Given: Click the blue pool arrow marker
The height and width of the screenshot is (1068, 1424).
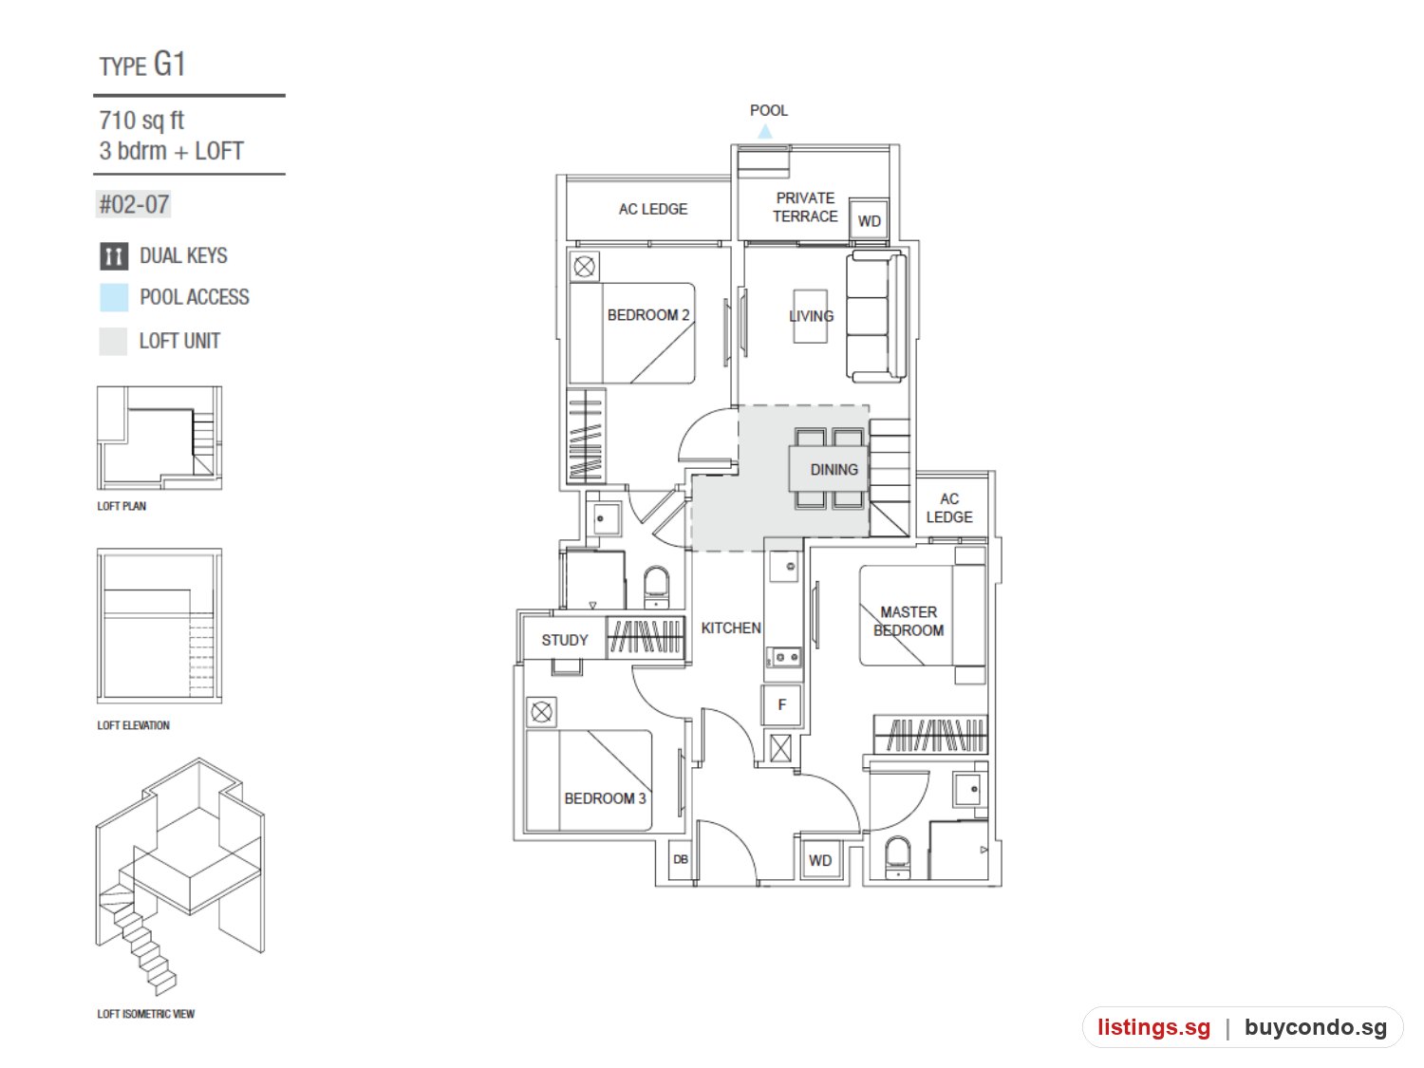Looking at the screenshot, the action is (765, 132).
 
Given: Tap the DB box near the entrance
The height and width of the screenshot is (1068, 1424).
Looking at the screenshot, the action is (681, 860).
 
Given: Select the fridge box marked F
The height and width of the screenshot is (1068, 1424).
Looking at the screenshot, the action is (782, 704).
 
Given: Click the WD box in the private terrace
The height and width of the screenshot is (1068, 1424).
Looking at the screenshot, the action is (869, 219).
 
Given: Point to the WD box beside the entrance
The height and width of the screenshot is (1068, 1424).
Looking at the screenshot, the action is (820, 860).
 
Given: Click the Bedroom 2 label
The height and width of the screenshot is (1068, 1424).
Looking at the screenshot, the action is (648, 315).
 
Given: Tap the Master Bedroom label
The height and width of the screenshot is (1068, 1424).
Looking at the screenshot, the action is (909, 621).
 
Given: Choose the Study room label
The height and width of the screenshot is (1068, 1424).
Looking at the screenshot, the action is (565, 641).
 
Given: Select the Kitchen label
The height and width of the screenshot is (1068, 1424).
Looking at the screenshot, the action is (731, 628).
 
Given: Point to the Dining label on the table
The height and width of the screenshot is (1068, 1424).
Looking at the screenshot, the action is (834, 470).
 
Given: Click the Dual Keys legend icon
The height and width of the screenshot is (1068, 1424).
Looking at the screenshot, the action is (114, 256).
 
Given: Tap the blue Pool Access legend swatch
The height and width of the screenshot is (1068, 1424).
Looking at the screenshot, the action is (114, 298).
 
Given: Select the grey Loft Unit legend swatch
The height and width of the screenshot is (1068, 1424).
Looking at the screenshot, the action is (113, 342).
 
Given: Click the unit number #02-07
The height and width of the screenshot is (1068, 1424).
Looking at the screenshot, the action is (134, 205).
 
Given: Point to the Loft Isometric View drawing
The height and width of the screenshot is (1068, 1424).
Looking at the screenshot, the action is (179, 875).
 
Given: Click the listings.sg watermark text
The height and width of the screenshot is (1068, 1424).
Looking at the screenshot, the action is (1153, 1027).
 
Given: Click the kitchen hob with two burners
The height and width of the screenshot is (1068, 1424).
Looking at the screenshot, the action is (784, 658).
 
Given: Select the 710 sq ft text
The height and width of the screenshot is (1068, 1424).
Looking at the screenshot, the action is (141, 121).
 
